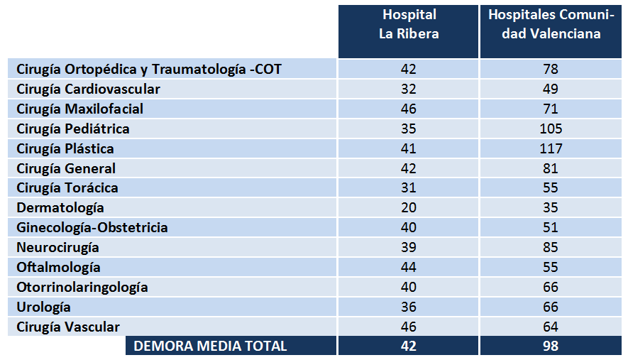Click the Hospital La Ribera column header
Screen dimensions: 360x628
click(409, 24)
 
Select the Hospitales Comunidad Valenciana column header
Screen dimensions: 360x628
click(551, 24)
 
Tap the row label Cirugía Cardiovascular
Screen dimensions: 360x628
click(88, 89)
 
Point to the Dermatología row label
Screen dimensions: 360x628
click(60, 208)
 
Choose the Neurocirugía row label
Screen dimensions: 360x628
click(57, 248)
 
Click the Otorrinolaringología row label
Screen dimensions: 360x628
click(82, 288)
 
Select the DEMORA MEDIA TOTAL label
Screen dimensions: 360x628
click(211, 347)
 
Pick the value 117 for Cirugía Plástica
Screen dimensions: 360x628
click(551, 149)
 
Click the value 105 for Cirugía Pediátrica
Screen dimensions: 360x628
click(551, 129)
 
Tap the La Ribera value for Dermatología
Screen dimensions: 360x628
click(408, 208)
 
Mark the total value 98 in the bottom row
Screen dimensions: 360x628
click(551, 347)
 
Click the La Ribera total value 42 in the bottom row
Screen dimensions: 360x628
click(408, 347)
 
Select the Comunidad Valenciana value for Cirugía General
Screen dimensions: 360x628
click(551, 169)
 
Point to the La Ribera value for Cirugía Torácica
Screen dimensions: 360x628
click(408, 188)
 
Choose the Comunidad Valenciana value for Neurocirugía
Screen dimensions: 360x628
click(551, 248)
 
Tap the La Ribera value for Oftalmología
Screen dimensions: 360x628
click(408, 268)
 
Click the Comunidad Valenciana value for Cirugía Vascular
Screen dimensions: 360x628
click(551, 327)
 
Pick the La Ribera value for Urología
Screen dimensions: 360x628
click(408, 307)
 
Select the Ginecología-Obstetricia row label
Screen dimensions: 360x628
click(92, 228)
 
